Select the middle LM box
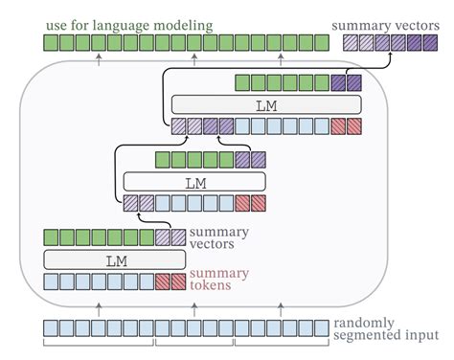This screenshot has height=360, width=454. (x=194, y=181)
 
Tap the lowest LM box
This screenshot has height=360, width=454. (x=114, y=259)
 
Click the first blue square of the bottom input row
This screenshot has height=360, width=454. (x=51, y=328)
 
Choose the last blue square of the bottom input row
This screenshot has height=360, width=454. (x=322, y=328)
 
